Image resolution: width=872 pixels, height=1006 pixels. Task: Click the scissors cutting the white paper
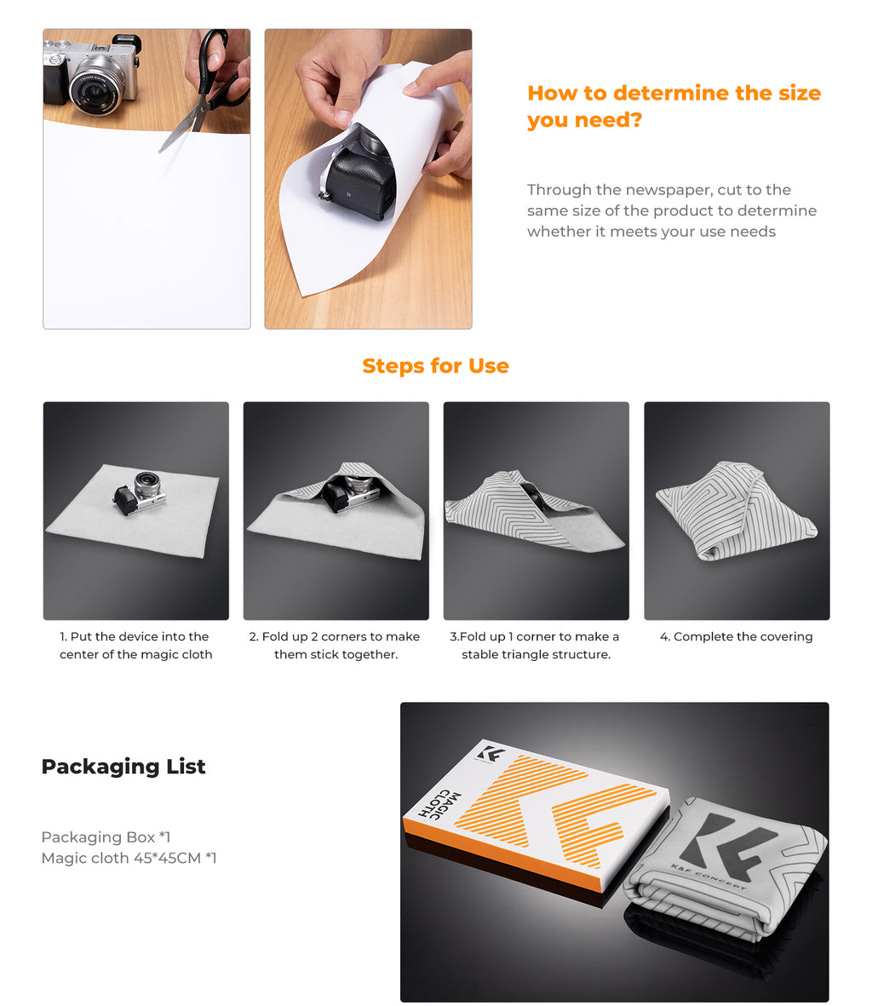tap(203, 89)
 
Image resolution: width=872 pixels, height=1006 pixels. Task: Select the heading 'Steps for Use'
tap(436, 365)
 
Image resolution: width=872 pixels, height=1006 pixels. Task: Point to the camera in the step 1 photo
tap(141, 492)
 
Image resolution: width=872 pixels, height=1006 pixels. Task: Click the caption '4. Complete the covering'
tap(737, 636)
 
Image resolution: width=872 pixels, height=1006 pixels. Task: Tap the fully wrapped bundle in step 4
tap(736, 510)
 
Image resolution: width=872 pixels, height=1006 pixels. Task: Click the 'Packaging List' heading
tap(123, 767)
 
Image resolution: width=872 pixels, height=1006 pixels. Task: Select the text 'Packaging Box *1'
tap(106, 837)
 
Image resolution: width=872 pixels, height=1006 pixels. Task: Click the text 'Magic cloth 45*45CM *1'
tap(129, 858)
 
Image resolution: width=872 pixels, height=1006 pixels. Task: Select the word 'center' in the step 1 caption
tap(79, 654)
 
